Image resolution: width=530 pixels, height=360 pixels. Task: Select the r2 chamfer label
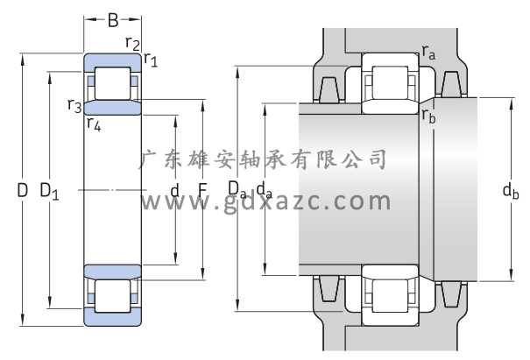click(132, 42)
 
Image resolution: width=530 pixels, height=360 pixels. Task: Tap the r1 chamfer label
click(151, 60)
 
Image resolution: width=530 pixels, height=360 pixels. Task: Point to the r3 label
click(74, 106)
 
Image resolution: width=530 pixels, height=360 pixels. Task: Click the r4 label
click(94, 124)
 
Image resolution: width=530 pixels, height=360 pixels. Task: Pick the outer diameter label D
click(23, 188)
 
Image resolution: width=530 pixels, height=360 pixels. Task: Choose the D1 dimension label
click(50, 190)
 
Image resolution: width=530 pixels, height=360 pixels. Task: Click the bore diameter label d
click(174, 190)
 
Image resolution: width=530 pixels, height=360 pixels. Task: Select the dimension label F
click(201, 189)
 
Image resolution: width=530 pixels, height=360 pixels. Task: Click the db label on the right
click(511, 190)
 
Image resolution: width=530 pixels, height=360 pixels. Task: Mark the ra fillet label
click(428, 53)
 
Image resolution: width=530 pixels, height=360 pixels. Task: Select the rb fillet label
click(428, 115)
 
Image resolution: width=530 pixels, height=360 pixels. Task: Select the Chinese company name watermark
click(264, 159)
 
